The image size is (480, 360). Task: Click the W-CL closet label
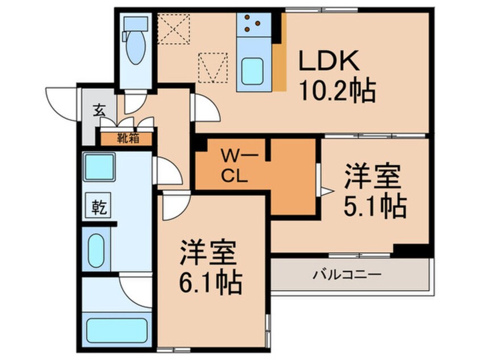tap(234, 164)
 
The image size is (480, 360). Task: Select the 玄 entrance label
tap(99, 110)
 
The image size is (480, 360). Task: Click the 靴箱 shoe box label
tap(127, 137)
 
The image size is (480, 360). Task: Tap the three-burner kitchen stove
tap(251, 24)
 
